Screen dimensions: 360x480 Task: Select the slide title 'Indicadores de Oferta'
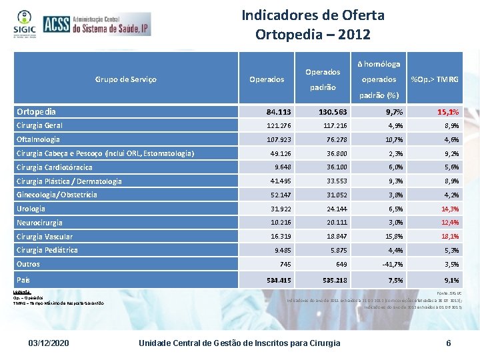(313, 15)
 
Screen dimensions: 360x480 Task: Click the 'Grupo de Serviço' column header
(127, 79)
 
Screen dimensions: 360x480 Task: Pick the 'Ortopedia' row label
(36, 111)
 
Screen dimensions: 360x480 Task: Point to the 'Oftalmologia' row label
(38, 139)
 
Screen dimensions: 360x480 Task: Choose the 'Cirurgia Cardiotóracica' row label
(54, 167)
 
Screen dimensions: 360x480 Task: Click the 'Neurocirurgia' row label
(39, 223)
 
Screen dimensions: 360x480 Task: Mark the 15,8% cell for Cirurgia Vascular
(390, 237)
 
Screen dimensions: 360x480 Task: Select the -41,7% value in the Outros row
(389, 264)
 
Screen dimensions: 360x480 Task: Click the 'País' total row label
(23, 280)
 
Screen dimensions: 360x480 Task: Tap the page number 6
(449, 343)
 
